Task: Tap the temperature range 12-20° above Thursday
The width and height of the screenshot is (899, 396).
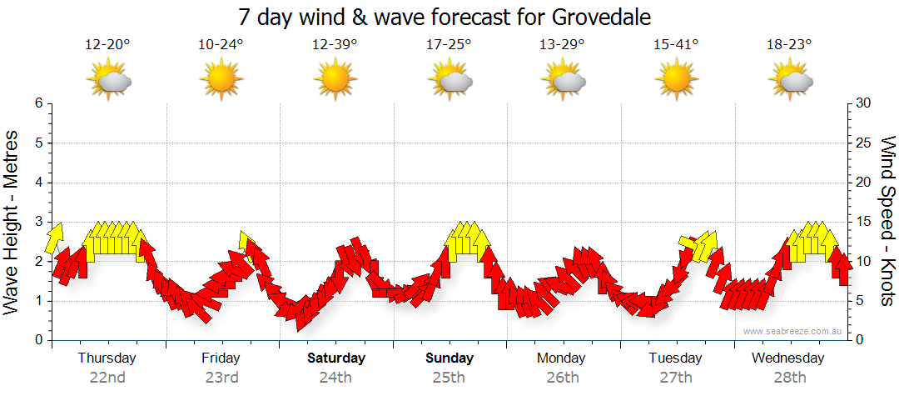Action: tap(107, 45)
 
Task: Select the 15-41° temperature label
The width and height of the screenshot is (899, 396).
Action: tap(675, 45)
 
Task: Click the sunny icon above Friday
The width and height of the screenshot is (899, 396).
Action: tap(221, 80)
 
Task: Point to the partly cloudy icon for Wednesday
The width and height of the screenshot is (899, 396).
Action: tap(790, 80)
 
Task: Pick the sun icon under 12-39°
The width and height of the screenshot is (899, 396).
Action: tap(335, 80)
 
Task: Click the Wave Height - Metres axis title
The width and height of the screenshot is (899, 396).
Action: tap(12, 222)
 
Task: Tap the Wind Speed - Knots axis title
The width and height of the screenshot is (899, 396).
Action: tap(887, 222)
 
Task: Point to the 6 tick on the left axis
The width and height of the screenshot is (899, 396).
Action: tap(38, 103)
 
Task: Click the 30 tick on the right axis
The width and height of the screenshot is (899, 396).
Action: tap(865, 103)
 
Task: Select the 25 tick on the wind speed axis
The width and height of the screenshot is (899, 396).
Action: tap(865, 143)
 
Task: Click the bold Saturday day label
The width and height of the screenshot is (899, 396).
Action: tap(336, 358)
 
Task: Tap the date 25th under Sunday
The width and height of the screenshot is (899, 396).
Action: tap(449, 377)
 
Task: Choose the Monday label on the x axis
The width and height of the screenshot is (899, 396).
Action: tap(561, 358)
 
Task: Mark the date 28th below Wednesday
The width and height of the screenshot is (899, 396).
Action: tap(789, 377)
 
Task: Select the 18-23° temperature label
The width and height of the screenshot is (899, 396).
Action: tap(789, 45)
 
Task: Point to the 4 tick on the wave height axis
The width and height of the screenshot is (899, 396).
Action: tap(38, 183)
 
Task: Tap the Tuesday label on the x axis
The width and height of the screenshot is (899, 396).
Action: tap(675, 358)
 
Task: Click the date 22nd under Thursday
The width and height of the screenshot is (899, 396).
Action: tap(107, 377)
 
